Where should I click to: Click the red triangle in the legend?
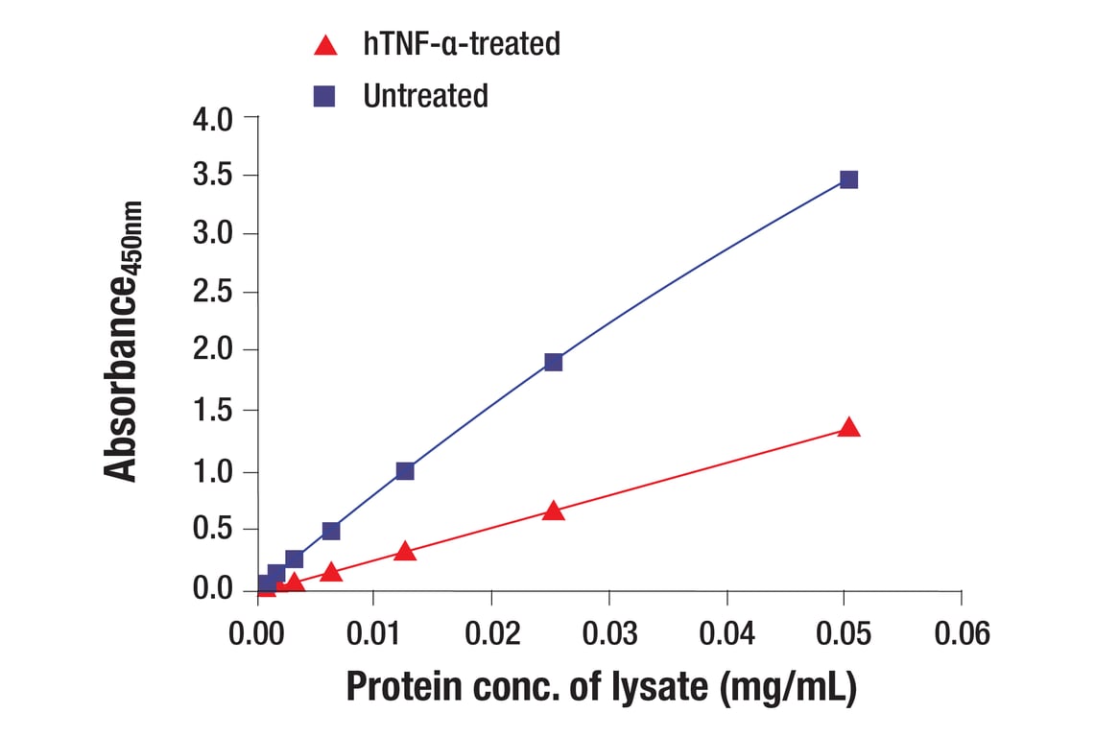click(x=326, y=44)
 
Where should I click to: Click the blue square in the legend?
click(x=325, y=96)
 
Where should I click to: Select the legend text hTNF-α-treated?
click(x=462, y=44)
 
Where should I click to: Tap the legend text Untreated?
click(x=425, y=96)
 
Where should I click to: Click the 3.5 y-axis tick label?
click(x=213, y=177)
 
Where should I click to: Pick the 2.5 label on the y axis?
click(x=213, y=294)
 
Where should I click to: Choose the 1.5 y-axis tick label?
click(x=213, y=412)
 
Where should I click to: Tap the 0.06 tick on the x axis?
click(x=961, y=634)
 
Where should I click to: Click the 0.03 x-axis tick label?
click(x=608, y=634)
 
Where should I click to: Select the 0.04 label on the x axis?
click(x=726, y=634)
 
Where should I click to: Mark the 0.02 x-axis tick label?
click(x=491, y=634)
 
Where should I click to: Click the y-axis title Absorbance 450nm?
click(x=124, y=342)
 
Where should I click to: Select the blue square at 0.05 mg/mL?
click(x=848, y=179)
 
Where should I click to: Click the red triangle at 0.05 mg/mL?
click(x=848, y=428)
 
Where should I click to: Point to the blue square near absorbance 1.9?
click(x=553, y=362)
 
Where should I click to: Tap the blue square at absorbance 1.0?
click(x=405, y=470)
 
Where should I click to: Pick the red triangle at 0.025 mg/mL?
click(x=553, y=511)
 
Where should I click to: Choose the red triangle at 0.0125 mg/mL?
click(x=405, y=551)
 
